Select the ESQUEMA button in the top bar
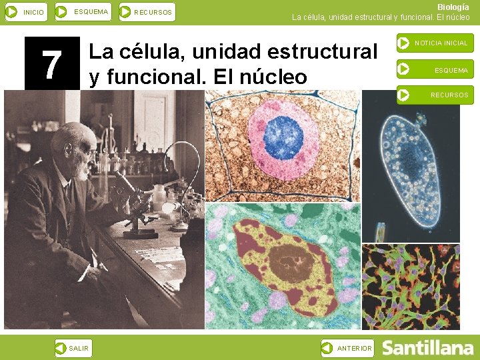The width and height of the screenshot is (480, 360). pyautogui.click(x=83, y=12)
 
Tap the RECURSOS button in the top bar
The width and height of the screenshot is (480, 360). pyautogui.click(x=147, y=12)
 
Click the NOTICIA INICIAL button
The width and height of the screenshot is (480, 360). pyautogui.click(x=435, y=43)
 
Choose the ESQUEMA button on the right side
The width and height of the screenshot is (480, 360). pyautogui.click(x=435, y=69)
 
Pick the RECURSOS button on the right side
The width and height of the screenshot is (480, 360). pyautogui.click(x=435, y=95)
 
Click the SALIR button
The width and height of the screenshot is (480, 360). pyautogui.click(x=73, y=348)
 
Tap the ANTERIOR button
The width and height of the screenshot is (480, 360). pyautogui.click(x=347, y=348)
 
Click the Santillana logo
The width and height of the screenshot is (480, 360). pyautogui.click(x=427, y=348)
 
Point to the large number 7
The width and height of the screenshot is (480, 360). pyautogui.click(x=52, y=64)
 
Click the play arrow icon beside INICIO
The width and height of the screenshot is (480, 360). pyautogui.click(x=11, y=12)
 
